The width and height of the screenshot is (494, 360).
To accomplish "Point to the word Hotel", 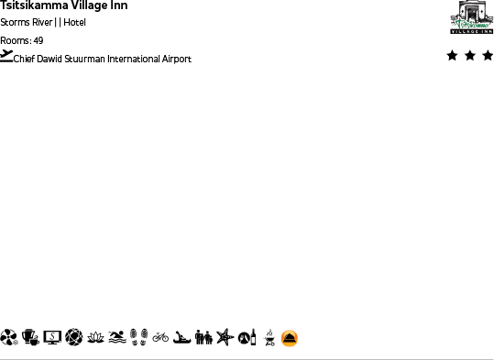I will click(x=75, y=22).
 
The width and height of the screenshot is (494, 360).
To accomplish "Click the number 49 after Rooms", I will click(x=38, y=40).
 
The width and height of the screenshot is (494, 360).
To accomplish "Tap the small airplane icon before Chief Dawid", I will click(x=7, y=56).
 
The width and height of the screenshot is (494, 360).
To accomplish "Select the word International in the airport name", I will click(x=129, y=59).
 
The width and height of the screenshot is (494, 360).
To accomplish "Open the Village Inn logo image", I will click(x=471, y=17).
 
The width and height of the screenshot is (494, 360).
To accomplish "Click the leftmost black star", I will click(x=452, y=56).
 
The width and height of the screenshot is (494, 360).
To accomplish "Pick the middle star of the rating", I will click(x=470, y=56).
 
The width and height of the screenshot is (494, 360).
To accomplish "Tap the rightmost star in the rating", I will click(x=488, y=56).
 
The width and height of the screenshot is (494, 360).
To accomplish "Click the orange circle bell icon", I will click(x=290, y=338).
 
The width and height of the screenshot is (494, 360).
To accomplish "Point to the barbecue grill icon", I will click(x=269, y=338).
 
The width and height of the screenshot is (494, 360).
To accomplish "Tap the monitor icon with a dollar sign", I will click(x=52, y=338).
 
